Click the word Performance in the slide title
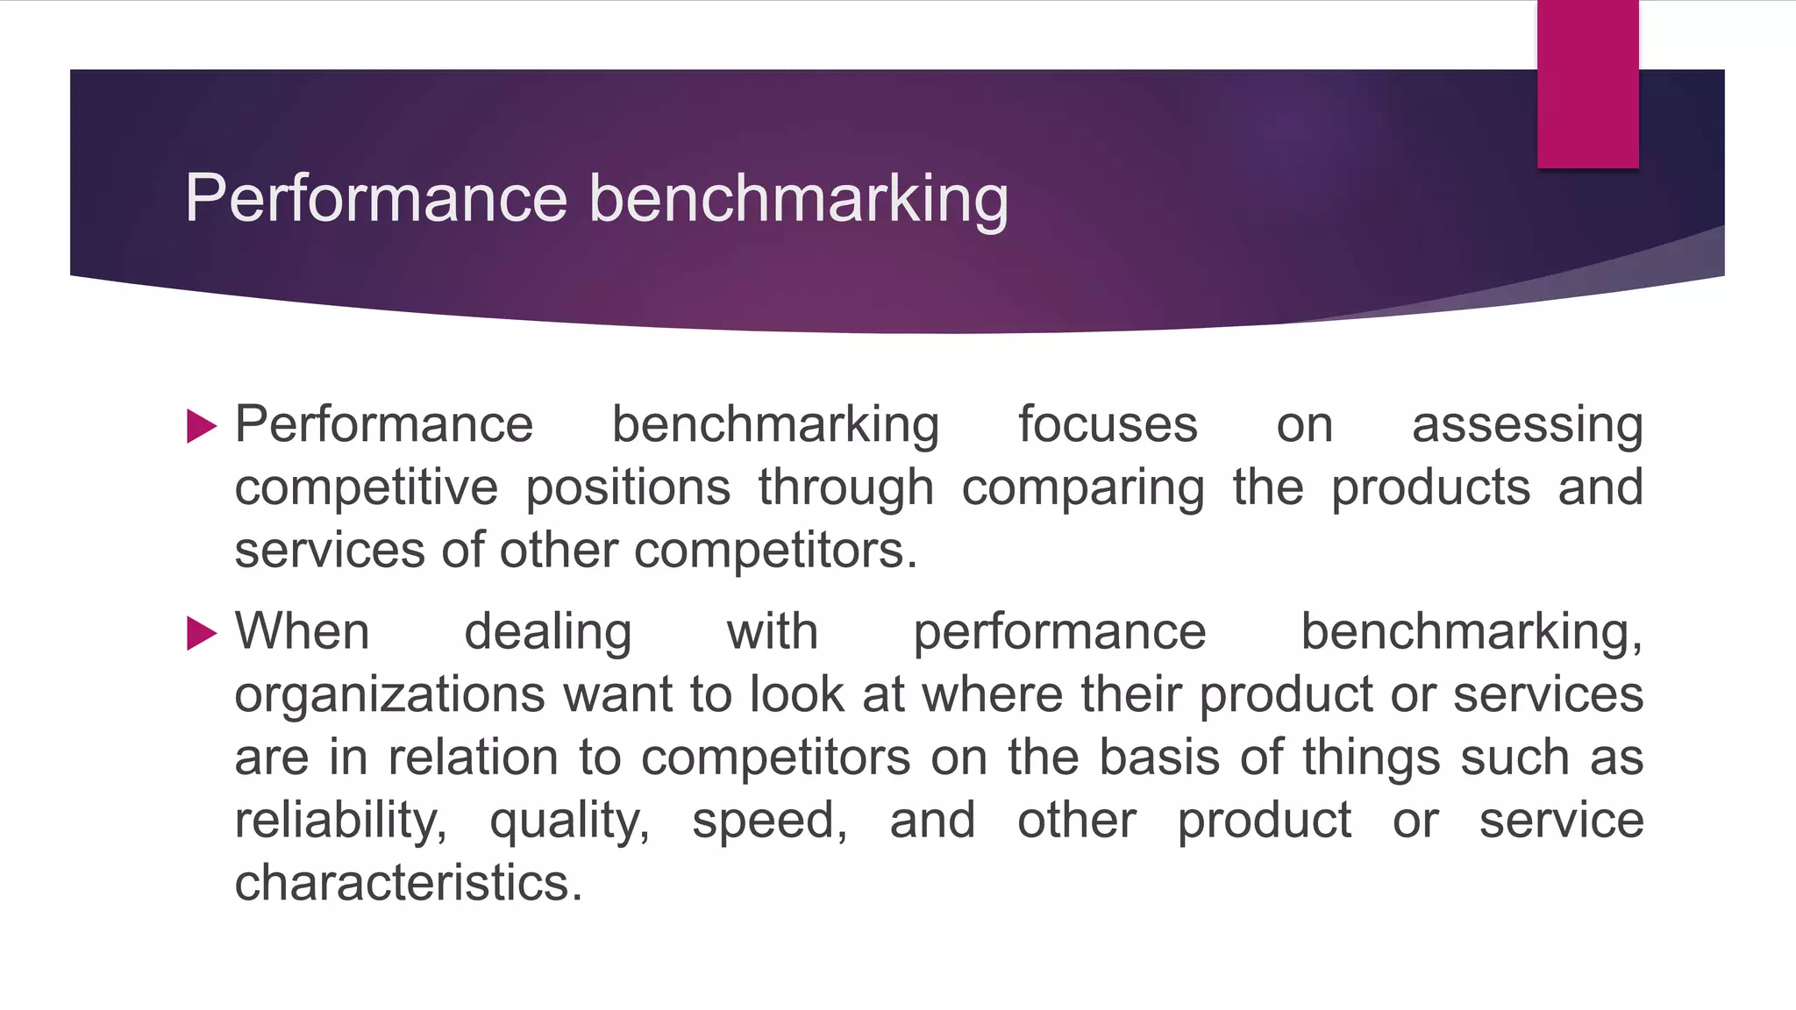click(x=376, y=198)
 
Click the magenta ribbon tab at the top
click(x=1587, y=84)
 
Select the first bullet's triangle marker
click(x=202, y=427)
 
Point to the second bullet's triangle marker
click(x=202, y=633)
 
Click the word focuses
click(x=1108, y=425)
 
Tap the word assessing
click(x=1527, y=427)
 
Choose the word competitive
click(x=367, y=488)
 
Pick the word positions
click(x=628, y=488)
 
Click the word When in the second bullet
click(x=303, y=631)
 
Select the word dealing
click(x=548, y=633)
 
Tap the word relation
click(x=474, y=757)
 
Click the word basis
click(x=1159, y=757)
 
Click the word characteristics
click(x=408, y=883)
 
